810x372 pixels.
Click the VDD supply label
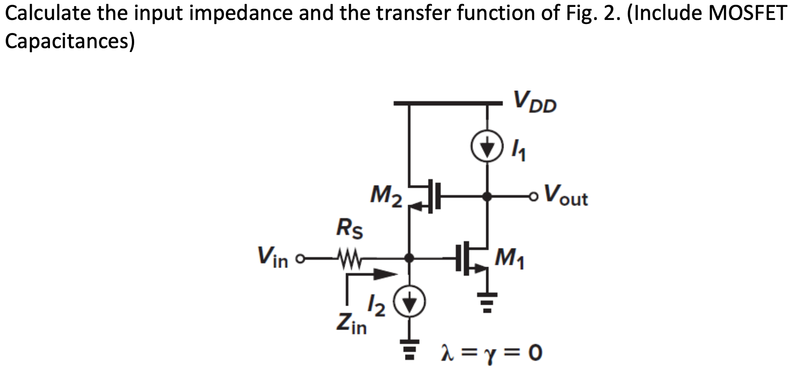tap(534, 102)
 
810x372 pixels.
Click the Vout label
tap(566, 196)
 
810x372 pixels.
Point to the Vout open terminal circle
tap(533, 197)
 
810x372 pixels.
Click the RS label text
tap(350, 228)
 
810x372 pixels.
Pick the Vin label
tap(273, 258)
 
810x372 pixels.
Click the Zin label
tap(351, 323)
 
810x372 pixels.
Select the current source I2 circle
tap(409, 302)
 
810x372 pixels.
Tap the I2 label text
tap(376, 306)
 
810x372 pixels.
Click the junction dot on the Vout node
tap(487, 197)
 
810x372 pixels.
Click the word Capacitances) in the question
tap(69, 41)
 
